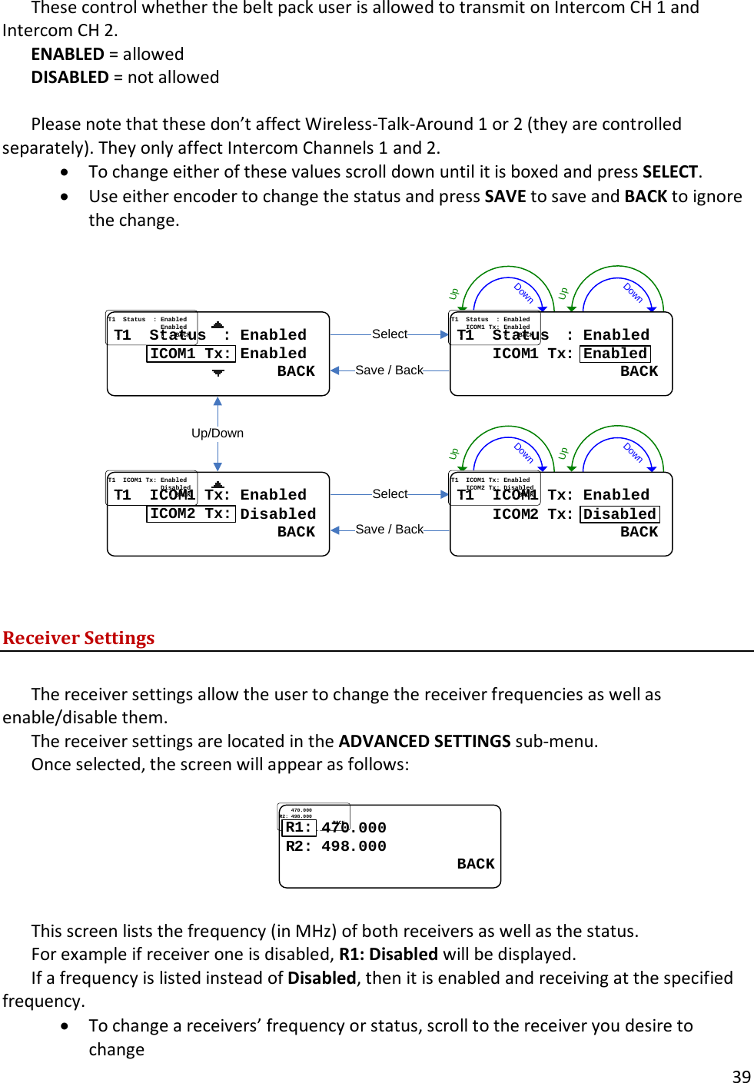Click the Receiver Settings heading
pyautogui.click(x=78, y=638)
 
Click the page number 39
pyautogui.click(x=741, y=1076)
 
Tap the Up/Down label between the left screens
pyautogui.click(x=218, y=433)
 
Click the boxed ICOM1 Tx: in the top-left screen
pyautogui.click(x=190, y=354)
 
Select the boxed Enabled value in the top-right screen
pyautogui.click(x=615, y=354)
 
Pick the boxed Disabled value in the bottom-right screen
pyautogui.click(x=619, y=514)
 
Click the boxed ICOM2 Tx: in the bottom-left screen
pyautogui.click(x=190, y=513)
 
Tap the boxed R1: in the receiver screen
pyautogui.click(x=299, y=828)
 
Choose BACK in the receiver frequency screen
pyautogui.click(x=476, y=864)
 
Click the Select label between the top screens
pyautogui.click(x=390, y=334)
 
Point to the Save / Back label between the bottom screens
pyautogui.click(x=389, y=529)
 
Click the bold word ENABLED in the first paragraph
pyautogui.click(x=68, y=54)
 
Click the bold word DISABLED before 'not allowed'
pyautogui.click(x=70, y=77)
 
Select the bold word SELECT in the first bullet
pyautogui.click(x=670, y=171)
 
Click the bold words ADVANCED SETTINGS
pyautogui.click(x=424, y=741)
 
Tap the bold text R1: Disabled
pyautogui.click(x=388, y=954)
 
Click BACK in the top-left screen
pyautogui.click(x=296, y=371)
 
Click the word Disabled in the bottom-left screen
pyautogui.click(x=277, y=514)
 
